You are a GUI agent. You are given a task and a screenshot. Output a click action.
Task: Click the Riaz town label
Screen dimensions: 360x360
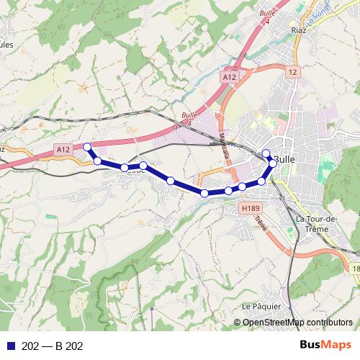tap(297, 30)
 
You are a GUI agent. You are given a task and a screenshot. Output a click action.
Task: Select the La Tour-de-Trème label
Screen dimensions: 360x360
tap(322, 223)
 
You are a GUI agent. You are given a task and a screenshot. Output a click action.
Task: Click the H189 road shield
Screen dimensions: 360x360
tap(250, 208)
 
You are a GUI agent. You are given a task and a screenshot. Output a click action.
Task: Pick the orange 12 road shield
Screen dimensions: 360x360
tap(292, 72)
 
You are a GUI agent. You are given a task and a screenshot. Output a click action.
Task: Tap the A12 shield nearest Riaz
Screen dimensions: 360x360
tap(229, 76)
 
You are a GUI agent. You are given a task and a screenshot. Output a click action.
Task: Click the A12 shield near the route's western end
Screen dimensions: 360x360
tap(63, 149)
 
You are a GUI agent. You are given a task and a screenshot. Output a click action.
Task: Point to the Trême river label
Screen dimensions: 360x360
tap(261, 225)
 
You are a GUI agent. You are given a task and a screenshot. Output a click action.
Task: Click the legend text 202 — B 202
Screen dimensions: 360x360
tap(53, 346)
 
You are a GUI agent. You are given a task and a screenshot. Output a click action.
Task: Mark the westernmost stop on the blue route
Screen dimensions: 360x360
tap(87, 147)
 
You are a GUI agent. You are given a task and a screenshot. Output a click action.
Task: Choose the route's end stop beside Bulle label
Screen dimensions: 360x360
tap(266, 152)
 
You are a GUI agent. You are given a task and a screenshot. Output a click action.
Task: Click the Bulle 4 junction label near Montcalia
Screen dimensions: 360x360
tap(189, 119)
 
